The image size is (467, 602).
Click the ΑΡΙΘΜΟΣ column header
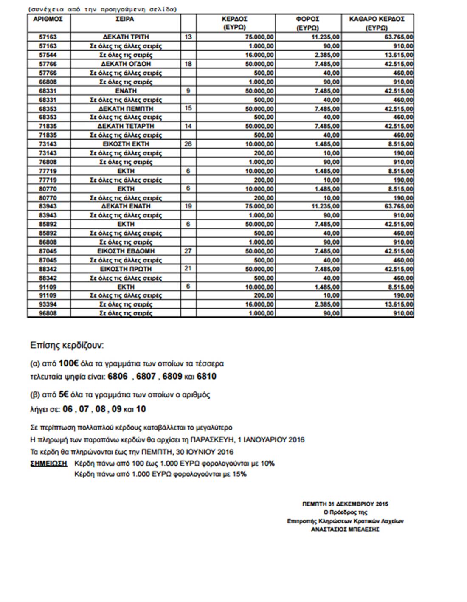pyautogui.click(x=48, y=19)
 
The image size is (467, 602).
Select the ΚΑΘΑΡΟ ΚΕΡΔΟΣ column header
pyautogui.click(x=377, y=19)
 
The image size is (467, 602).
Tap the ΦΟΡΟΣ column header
pyautogui.click(x=308, y=19)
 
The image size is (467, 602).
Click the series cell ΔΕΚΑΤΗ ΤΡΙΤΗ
pyautogui.click(x=126, y=37)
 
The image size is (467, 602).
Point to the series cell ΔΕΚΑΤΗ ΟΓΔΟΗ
pyautogui.click(x=126, y=64)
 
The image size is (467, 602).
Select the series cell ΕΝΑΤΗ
pyautogui.click(x=126, y=91)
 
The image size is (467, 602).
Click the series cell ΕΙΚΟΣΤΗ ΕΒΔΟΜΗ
pyautogui.click(x=126, y=251)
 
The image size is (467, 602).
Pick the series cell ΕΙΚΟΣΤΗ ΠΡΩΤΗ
pyautogui.click(x=126, y=269)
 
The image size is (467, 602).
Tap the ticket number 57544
pyautogui.click(x=48, y=55)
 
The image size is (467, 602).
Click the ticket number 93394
pyautogui.click(x=48, y=304)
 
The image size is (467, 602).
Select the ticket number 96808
pyautogui.click(x=48, y=313)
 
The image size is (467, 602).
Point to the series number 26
pyautogui.click(x=188, y=144)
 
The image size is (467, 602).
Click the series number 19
pyautogui.click(x=188, y=206)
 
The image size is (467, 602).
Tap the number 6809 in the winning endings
pyautogui.click(x=172, y=377)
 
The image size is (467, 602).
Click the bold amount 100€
pyautogui.click(x=68, y=364)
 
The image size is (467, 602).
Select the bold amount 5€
pyautogui.click(x=64, y=394)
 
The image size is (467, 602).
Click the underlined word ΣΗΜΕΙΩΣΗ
pyautogui.click(x=49, y=463)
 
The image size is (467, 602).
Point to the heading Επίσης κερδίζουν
pyautogui.click(x=67, y=345)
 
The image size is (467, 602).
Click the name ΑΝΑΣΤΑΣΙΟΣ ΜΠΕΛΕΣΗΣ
pyautogui.click(x=345, y=529)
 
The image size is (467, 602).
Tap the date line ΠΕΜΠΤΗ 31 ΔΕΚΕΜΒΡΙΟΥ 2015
pyautogui.click(x=345, y=504)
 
